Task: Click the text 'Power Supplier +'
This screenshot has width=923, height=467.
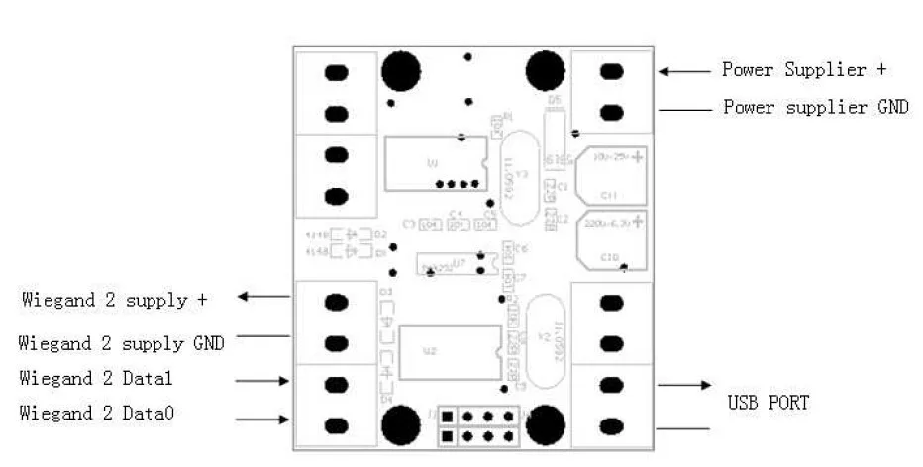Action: pos(803,70)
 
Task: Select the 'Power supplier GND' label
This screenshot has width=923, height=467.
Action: pos(815,107)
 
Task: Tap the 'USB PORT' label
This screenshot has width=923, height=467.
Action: pos(769,403)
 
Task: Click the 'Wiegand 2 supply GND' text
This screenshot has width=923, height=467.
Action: pos(121,343)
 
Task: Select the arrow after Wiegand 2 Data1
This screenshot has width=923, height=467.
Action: pos(262,379)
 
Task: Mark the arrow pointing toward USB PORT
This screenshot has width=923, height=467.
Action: pos(684,385)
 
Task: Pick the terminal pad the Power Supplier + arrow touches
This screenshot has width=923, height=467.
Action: pos(612,71)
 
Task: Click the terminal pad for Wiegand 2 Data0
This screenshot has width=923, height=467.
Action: pos(337,426)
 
